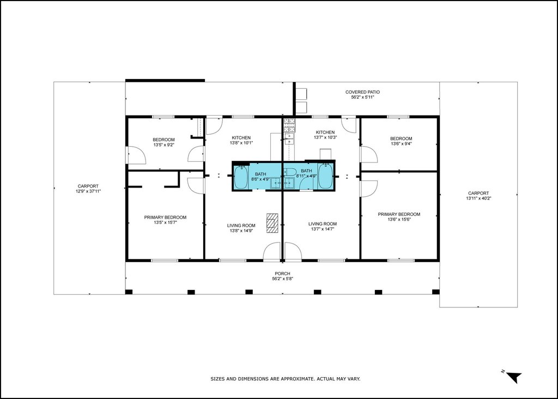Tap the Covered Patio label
(x=362, y=92)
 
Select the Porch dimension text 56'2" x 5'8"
(x=283, y=279)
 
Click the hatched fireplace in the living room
(x=272, y=223)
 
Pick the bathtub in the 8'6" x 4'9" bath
(x=241, y=177)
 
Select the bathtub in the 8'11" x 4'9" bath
(x=325, y=176)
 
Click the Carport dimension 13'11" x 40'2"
(x=478, y=198)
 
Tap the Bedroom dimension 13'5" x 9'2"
(x=163, y=145)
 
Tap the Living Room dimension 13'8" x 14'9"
(x=241, y=231)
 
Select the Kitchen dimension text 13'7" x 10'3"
(x=325, y=137)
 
